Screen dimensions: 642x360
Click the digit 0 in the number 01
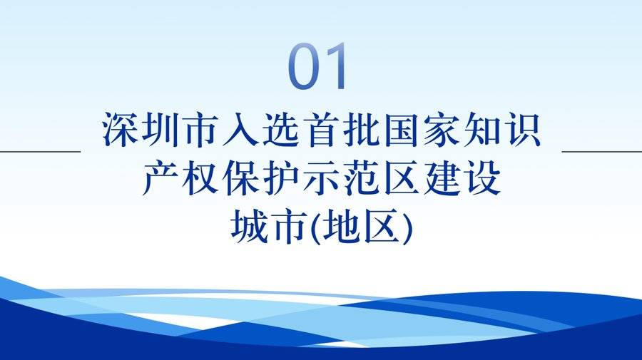[x=305, y=67]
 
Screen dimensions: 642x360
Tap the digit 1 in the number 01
[x=337, y=67]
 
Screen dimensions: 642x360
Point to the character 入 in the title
[x=240, y=130]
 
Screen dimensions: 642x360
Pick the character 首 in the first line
[x=320, y=130]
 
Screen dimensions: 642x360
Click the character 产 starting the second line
[x=160, y=179]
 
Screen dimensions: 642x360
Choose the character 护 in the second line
[x=280, y=179]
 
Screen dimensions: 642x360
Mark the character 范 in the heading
[x=361, y=179]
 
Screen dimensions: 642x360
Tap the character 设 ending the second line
[x=481, y=179]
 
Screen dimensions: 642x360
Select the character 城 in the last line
[x=250, y=227]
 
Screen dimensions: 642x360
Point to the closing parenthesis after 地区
[x=406, y=228]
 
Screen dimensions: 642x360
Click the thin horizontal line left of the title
[x=40, y=151]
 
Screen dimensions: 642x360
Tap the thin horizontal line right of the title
[x=602, y=151]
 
